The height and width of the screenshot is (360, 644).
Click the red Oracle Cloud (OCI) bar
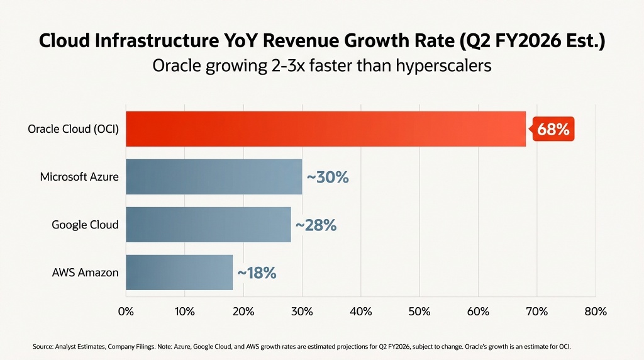(325, 129)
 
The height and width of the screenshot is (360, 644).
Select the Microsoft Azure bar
(214, 177)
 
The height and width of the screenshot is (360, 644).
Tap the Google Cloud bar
(208, 225)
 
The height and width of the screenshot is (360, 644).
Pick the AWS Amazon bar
(179, 273)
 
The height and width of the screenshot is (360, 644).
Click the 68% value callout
(553, 130)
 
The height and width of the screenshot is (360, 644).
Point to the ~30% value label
(327, 177)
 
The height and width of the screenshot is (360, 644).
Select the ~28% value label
(316, 225)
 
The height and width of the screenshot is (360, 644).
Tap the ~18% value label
(257, 273)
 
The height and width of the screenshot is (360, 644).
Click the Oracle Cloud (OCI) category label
(73, 130)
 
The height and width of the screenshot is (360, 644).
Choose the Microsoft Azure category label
(79, 177)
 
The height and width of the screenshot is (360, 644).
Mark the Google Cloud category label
(85, 225)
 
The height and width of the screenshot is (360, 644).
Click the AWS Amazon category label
(85, 273)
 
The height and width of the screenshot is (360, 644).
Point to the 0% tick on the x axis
(126, 312)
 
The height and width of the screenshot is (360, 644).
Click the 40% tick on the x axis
(360, 312)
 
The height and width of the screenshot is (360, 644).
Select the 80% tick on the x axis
(595, 312)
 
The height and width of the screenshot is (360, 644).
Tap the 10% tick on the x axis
(184, 312)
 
